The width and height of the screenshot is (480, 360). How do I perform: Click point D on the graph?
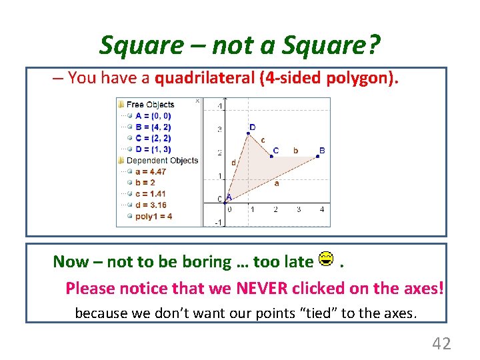pos(248,133)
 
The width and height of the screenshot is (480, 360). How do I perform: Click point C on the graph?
pos(271,157)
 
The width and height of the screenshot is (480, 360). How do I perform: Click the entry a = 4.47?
pos(150,171)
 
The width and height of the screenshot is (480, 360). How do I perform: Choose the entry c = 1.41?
pos(150,194)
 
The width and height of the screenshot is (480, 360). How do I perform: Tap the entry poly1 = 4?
pos(153,216)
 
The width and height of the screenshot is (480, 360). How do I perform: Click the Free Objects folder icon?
pos(121,104)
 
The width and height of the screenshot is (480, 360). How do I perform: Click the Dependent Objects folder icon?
pos(121,160)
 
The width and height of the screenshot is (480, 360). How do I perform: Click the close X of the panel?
pos(197,101)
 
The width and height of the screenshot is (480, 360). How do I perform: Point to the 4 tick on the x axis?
pos(321,209)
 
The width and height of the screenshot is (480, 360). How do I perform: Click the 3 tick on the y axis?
pos(220,129)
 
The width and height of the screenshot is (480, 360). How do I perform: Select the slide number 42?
pos(441,343)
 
